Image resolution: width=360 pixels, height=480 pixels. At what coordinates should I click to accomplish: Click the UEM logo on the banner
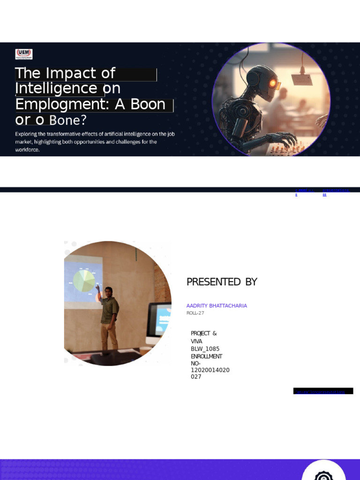click(24, 54)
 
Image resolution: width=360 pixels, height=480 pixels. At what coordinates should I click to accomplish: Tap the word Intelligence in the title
click(56, 88)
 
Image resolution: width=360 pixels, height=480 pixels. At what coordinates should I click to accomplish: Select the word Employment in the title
click(61, 104)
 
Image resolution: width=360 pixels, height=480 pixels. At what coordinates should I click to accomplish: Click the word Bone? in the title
click(68, 120)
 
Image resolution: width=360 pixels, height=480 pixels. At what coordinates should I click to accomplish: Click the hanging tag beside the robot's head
click(302, 80)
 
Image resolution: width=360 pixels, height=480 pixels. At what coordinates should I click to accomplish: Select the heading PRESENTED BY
click(222, 282)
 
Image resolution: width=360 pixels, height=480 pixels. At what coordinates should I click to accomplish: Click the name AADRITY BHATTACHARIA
click(217, 306)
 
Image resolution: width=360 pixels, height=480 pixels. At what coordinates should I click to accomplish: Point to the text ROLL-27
click(195, 313)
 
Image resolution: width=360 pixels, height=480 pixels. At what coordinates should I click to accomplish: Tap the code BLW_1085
click(205, 349)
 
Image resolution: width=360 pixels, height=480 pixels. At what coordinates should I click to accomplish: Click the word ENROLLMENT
click(206, 356)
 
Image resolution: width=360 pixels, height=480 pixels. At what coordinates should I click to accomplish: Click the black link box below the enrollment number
click(323, 391)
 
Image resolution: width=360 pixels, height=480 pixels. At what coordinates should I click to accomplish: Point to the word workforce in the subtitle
click(27, 150)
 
